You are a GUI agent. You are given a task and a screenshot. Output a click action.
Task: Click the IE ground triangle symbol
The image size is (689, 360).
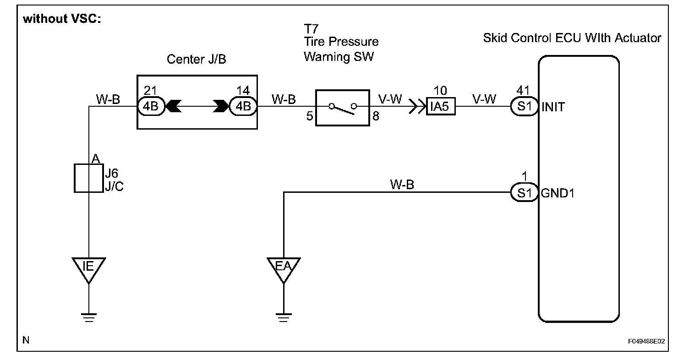88,267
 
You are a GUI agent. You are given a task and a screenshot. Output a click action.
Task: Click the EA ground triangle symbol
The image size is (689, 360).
284,267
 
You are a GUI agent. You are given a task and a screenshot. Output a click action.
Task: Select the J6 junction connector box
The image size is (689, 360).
88,178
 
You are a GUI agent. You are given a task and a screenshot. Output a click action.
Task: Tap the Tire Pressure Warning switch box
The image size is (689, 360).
342,107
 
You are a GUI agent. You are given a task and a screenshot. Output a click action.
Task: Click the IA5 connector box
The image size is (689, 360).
441,107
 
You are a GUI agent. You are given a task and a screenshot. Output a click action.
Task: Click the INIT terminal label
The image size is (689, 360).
553,107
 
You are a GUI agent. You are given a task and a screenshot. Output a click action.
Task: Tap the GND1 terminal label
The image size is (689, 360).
558,193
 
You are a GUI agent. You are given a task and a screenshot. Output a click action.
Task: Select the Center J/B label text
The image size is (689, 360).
196,60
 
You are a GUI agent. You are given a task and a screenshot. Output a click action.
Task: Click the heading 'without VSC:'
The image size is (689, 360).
61,20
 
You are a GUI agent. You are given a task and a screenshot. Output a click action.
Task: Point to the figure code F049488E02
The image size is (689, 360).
646,342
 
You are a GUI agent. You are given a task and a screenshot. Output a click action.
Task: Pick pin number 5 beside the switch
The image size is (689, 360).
309,116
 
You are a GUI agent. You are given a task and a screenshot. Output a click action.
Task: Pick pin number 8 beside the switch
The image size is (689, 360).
375,116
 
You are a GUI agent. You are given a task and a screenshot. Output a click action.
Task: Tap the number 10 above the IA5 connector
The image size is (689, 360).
440,90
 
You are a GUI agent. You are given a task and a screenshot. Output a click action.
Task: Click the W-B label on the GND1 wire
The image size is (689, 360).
402,185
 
